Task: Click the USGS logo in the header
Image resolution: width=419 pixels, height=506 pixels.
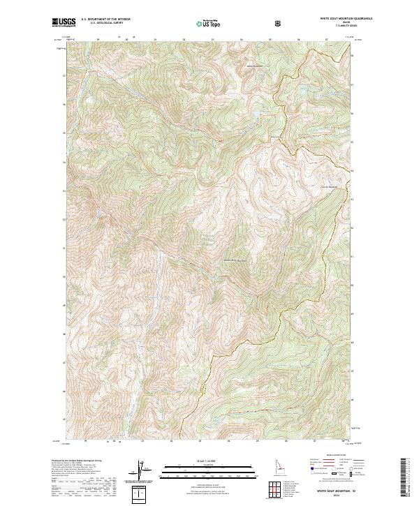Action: (x=64, y=22)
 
